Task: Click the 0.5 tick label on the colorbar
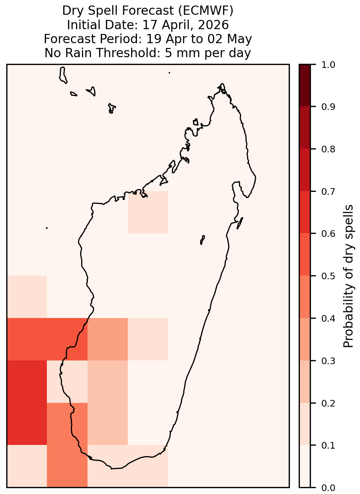tap(328, 276)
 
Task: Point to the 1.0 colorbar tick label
tap(328, 65)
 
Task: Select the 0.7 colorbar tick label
tap(328, 191)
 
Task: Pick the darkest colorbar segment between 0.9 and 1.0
tap(305, 85)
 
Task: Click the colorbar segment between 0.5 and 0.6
tap(305, 255)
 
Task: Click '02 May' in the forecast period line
tap(230, 39)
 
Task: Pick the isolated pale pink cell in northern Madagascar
tap(148, 212)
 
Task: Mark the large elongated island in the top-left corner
tap(63, 75)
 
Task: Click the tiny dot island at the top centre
tap(169, 73)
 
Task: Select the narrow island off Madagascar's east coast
tap(240, 223)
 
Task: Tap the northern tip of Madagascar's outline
tap(222, 84)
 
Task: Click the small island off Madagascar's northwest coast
tap(196, 122)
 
